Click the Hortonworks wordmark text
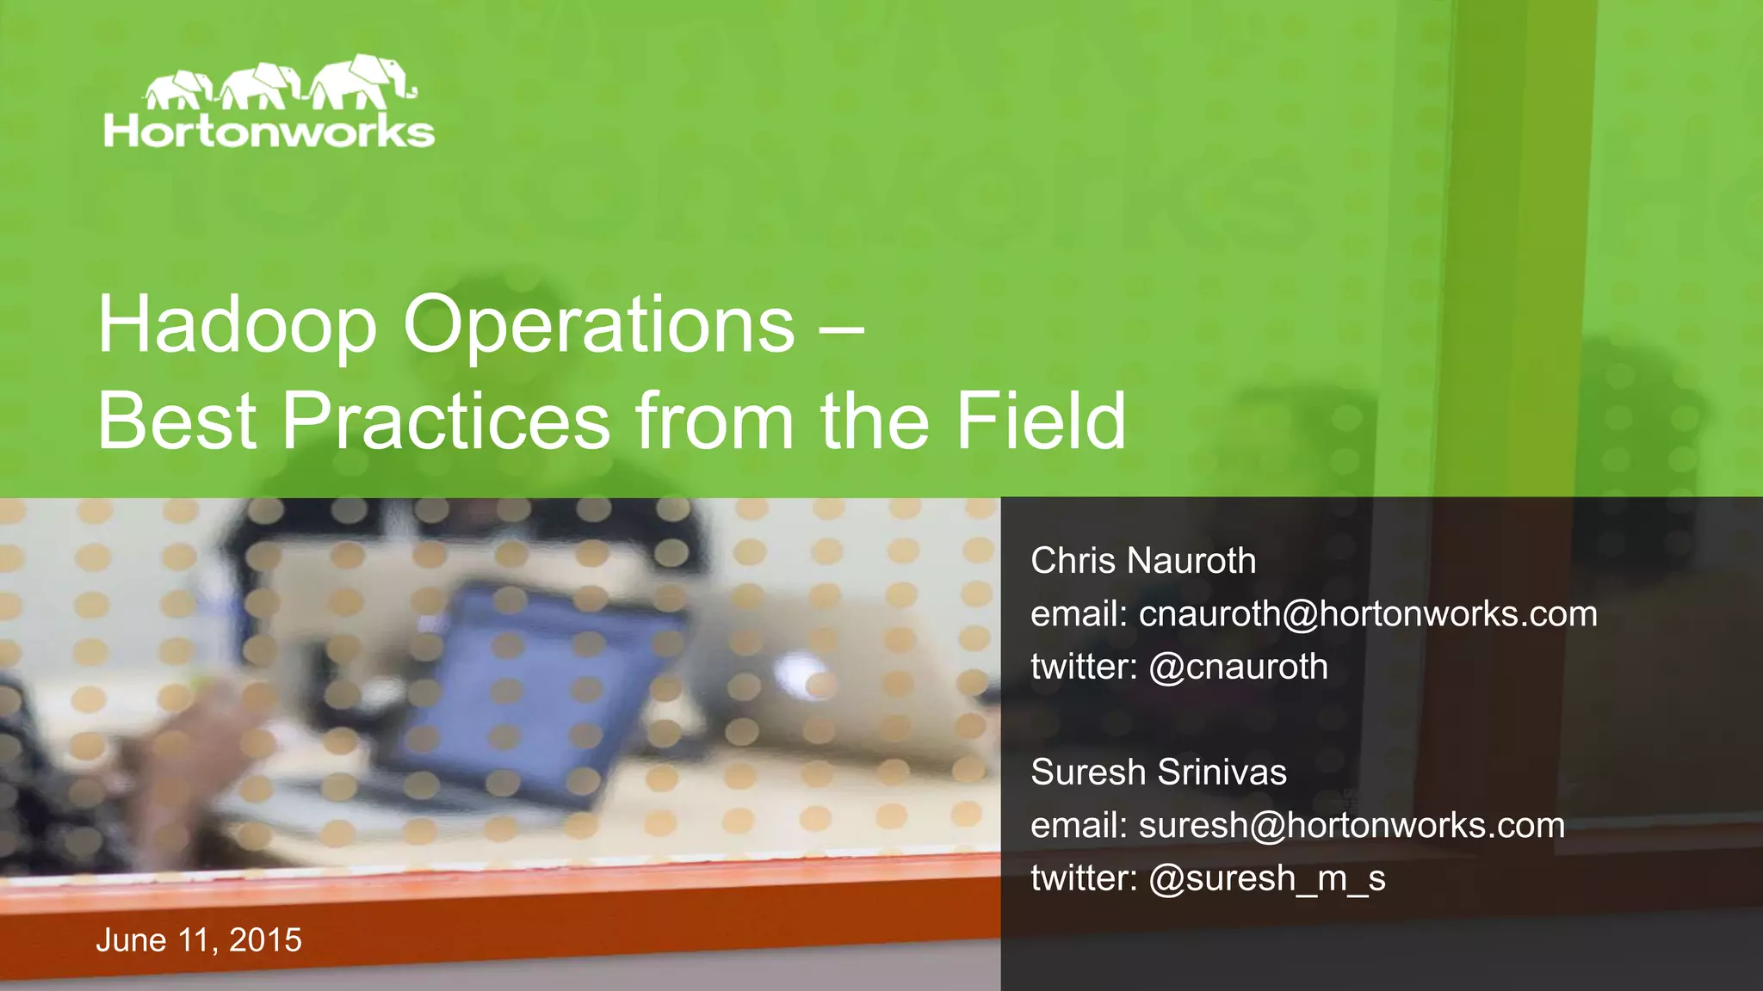coord(269,132)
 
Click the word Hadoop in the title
coord(237,324)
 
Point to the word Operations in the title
coord(599,324)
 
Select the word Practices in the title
coord(446,421)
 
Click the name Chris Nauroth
coord(1143,561)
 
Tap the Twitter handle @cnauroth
coord(1238,667)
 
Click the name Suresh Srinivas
coord(1158,772)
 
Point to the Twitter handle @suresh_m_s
coord(1266,878)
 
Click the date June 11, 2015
coord(199,940)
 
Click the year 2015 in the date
coord(265,940)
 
